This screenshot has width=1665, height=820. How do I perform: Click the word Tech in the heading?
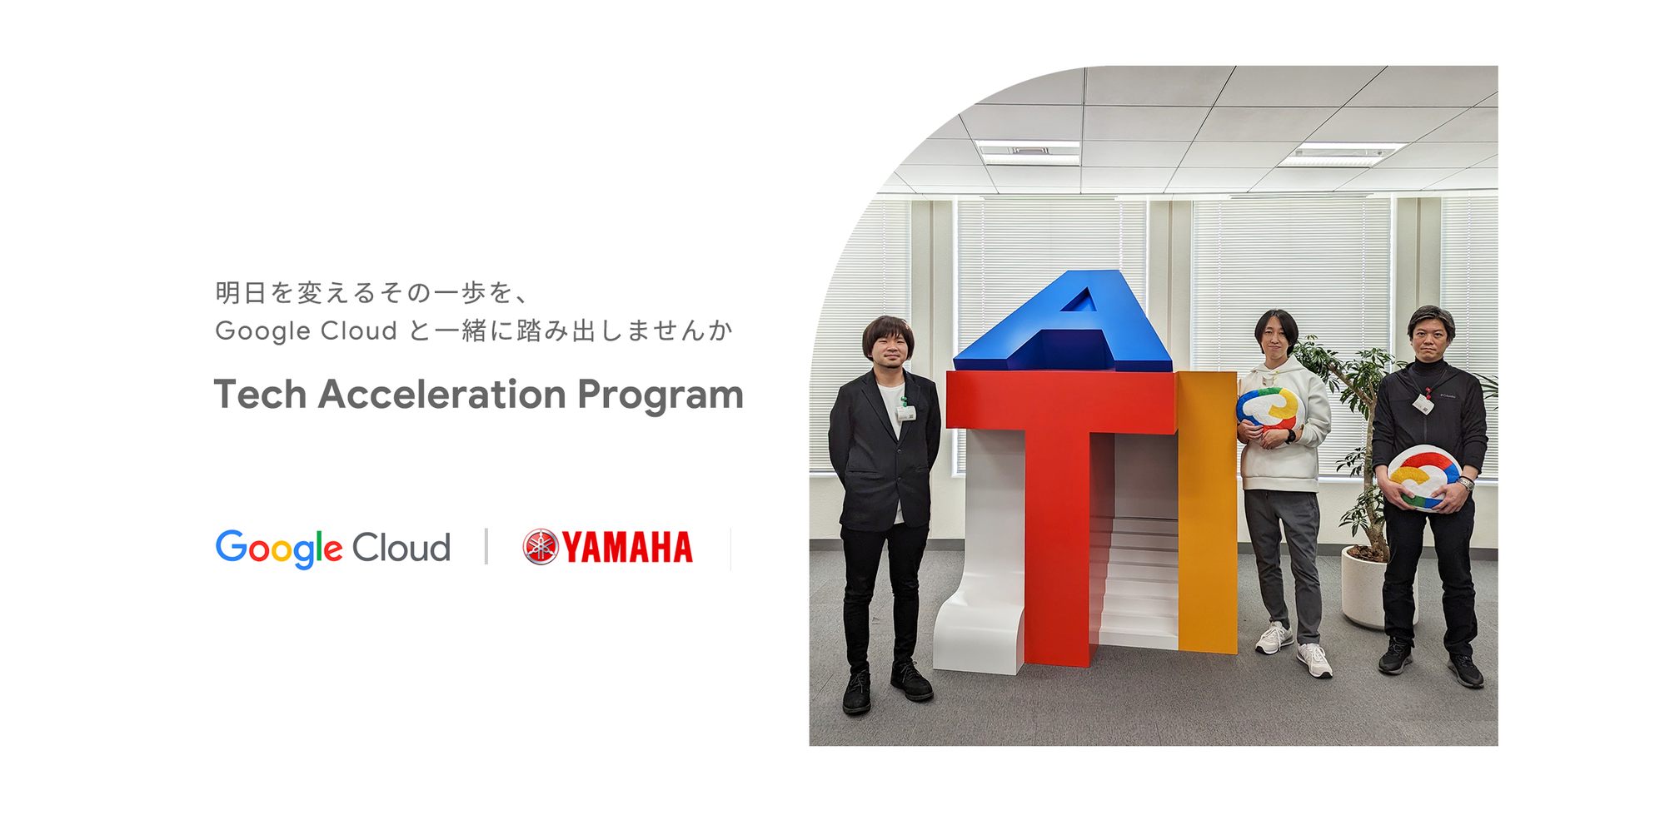point(260,395)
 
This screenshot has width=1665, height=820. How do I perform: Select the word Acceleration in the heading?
point(441,395)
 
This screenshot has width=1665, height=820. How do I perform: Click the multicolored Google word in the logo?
point(279,548)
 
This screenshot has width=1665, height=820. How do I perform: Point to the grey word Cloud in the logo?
point(401,548)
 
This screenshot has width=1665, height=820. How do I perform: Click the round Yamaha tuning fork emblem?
point(540,547)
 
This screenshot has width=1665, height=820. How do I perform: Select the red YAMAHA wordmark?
point(627,548)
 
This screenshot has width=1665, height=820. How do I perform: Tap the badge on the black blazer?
point(905,411)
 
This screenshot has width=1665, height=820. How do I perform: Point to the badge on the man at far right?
point(1423,404)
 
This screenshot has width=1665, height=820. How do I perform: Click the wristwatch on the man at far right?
point(1466,484)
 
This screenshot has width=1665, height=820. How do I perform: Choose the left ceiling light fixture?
point(1029,152)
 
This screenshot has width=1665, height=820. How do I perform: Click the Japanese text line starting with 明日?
point(371,293)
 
